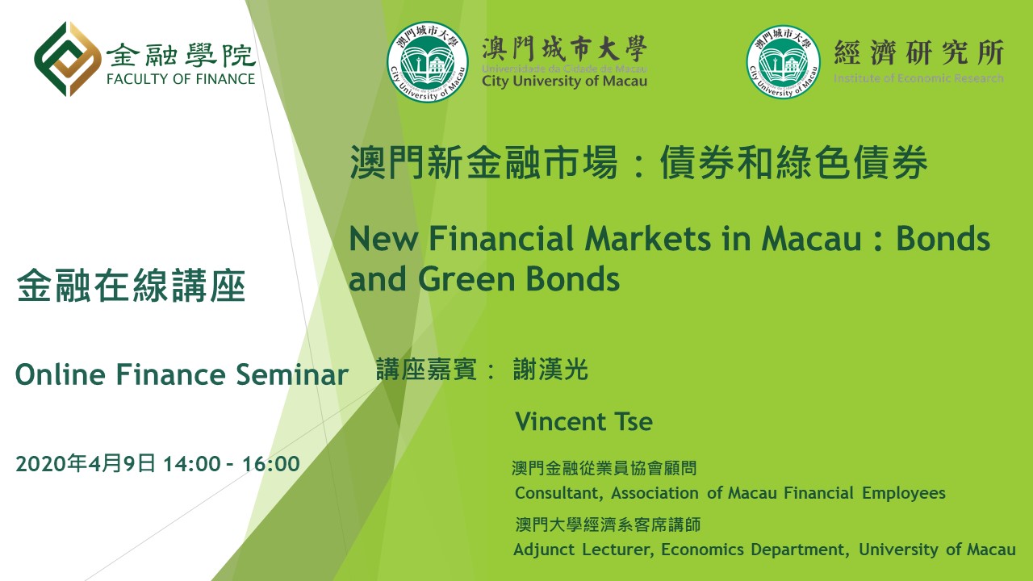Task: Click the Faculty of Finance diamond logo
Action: pyautogui.click(x=67, y=59)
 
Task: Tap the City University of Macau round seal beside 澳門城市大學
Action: pyautogui.click(x=428, y=61)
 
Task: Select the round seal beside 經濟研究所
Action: pyautogui.click(x=783, y=61)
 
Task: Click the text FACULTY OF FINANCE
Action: pyautogui.click(x=180, y=79)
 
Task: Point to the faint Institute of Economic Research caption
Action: pyautogui.click(x=918, y=78)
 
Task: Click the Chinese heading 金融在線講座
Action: pyautogui.click(x=131, y=286)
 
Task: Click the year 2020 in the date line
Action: pyautogui.click(x=41, y=463)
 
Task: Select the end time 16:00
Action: pyautogui.click(x=271, y=464)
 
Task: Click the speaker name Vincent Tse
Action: pyautogui.click(x=583, y=421)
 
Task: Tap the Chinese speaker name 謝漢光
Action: pyautogui.click(x=550, y=370)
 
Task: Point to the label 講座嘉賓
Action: pyautogui.click(x=426, y=370)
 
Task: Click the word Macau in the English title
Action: pyautogui.click(x=812, y=239)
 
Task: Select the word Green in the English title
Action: pyautogui.click(x=466, y=279)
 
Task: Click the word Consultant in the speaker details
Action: pyautogui.click(x=559, y=493)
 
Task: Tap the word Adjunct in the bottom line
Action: pyautogui.click(x=547, y=550)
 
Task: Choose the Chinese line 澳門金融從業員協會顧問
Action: pyautogui.click(x=604, y=468)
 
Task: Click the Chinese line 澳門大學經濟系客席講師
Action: pyautogui.click(x=608, y=525)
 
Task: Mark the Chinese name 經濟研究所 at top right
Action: pyautogui.click(x=918, y=52)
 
